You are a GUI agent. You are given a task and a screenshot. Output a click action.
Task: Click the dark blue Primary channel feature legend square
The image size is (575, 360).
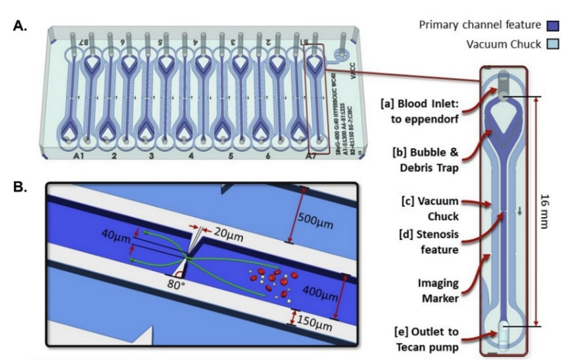pyautogui.click(x=552, y=25)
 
